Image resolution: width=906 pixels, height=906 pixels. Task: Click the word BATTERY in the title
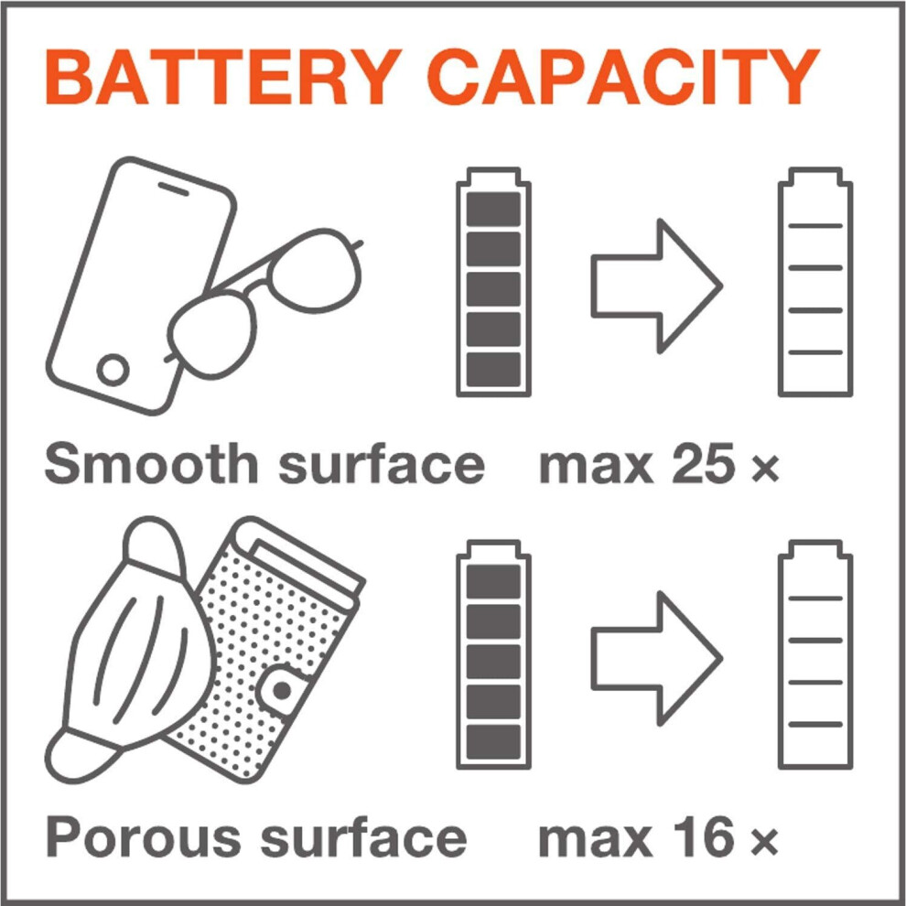[223, 77]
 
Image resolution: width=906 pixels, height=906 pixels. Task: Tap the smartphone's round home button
[113, 370]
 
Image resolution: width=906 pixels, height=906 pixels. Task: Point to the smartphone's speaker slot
[174, 189]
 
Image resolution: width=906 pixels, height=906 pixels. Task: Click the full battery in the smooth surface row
[493, 282]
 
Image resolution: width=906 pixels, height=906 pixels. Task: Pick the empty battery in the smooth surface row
[814, 282]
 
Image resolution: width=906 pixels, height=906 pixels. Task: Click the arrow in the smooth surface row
[656, 286]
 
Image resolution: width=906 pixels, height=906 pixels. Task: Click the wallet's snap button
[282, 690]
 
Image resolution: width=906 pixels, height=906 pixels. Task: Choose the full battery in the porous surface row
[493, 654]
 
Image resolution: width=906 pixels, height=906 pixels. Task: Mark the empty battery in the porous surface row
[814, 654]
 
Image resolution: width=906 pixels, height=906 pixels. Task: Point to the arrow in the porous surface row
[656, 659]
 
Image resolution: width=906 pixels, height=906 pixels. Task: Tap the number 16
[702, 836]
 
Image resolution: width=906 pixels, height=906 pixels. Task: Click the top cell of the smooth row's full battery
[493, 210]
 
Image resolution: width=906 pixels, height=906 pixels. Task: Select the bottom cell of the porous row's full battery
[493, 741]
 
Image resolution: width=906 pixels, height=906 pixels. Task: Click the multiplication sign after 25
[766, 469]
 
